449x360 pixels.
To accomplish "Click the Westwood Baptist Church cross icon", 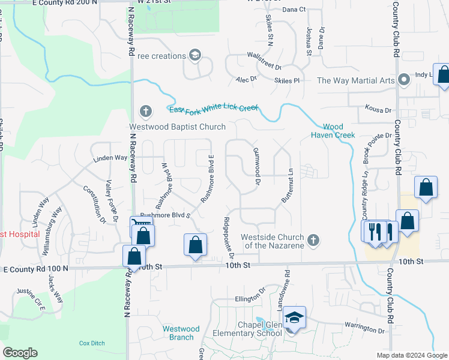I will [145, 111].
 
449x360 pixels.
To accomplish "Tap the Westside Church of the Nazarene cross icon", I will [312, 241].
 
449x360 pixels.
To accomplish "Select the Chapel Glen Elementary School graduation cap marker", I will [294, 317].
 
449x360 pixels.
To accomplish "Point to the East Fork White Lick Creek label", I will [214, 109].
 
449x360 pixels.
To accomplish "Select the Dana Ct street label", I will [294, 10].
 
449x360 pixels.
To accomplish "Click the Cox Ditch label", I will [92, 343].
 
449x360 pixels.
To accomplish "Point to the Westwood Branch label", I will [181, 333].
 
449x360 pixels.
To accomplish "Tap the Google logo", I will [20, 353].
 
